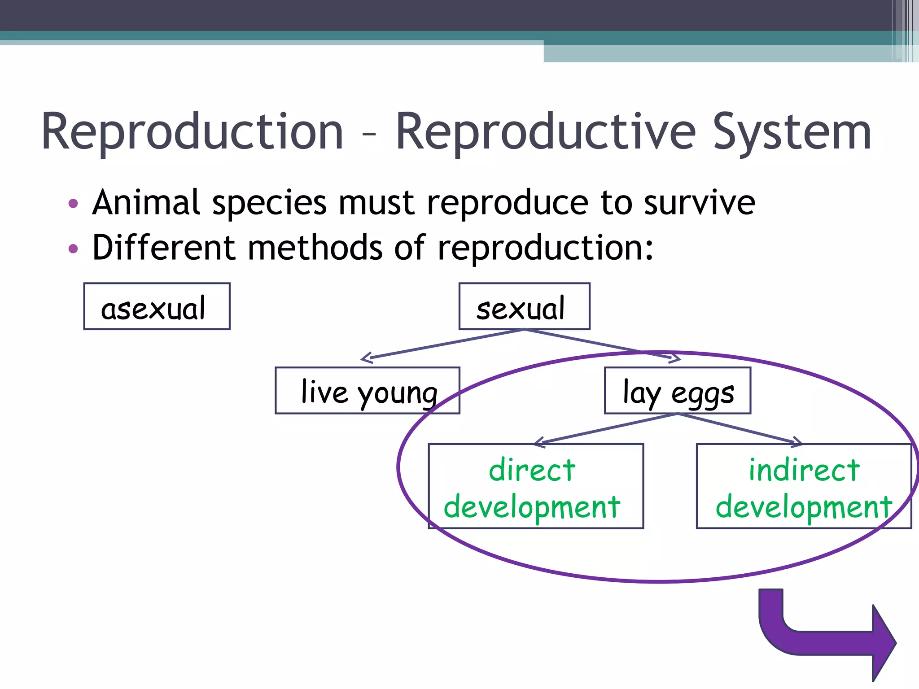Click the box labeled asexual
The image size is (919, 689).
point(157,306)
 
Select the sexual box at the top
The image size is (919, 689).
point(524,306)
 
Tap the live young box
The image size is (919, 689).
point(367,391)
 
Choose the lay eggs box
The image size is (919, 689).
point(677,391)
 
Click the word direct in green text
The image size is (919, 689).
point(532,470)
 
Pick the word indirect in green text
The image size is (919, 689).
point(804,470)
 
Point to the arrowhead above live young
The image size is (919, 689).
point(366,358)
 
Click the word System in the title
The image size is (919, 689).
point(792,132)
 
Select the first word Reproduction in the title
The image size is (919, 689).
point(193,132)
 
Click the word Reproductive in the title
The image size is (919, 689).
point(545,132)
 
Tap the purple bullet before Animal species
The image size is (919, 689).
point(73,204)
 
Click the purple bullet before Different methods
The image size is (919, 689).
point(73,249)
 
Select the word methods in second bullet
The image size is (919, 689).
point(315,248)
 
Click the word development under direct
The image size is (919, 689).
point(532,507)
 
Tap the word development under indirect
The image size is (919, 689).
point(804,507)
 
